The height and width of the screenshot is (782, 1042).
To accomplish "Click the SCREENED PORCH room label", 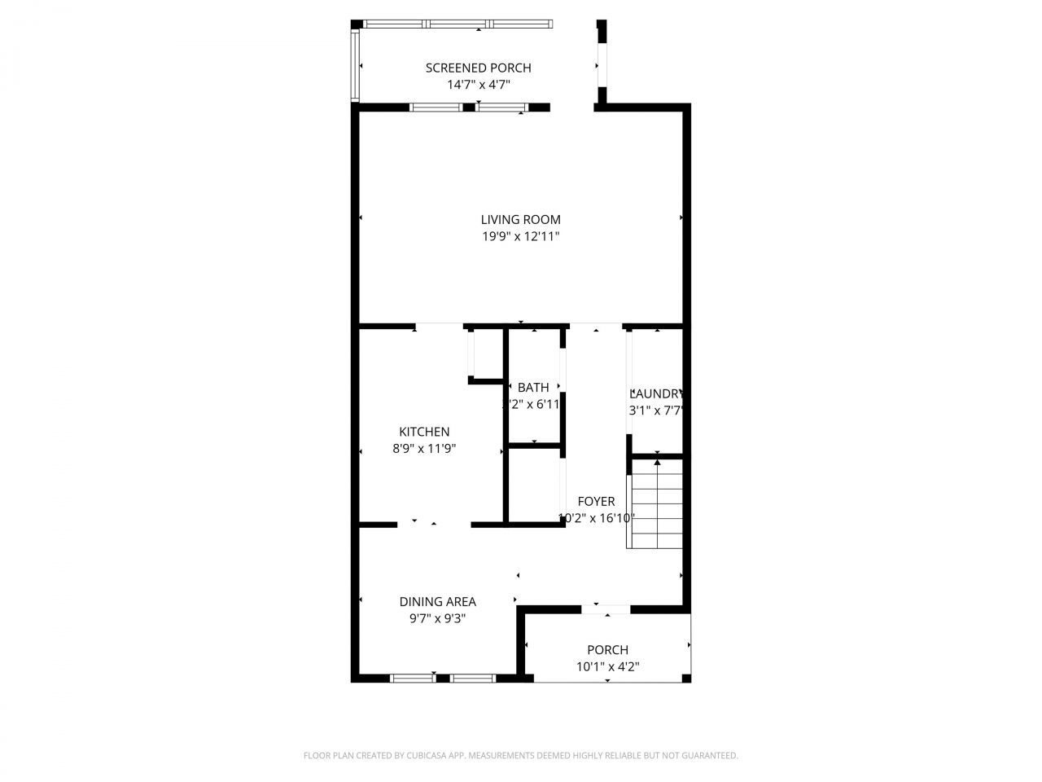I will click(478, 68).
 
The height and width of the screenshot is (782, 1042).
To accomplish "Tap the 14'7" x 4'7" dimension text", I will click(478, 85).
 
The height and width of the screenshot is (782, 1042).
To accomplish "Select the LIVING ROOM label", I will click(520, 219).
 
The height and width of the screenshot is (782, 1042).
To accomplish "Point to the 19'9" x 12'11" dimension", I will click(520, 237).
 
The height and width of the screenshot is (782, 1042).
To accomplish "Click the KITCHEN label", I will click(424, 432).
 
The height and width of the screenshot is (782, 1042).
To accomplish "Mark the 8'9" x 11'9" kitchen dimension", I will click(424, 449).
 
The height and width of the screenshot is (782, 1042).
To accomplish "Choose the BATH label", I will click(533, 388).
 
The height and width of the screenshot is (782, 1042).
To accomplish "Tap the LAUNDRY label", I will click(655, 393).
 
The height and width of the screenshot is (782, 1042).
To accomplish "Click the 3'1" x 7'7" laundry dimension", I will click(655, 411).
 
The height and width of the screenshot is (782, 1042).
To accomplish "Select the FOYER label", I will click(596, 501).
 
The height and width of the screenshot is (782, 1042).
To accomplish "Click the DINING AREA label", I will click(437, 602).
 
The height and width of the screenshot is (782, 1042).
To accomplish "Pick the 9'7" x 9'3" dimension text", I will click(437, 619).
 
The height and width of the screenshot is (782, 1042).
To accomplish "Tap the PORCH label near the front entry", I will click(607, 650).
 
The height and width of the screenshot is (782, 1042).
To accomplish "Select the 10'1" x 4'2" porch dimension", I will click(607, 667).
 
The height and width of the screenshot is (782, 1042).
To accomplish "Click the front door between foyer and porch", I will click(606, 608).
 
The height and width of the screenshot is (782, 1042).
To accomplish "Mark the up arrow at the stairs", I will click(657, 463).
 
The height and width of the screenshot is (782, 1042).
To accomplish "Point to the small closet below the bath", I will click(534, 485).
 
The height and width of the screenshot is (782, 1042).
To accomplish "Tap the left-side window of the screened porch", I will click(355, 65).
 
